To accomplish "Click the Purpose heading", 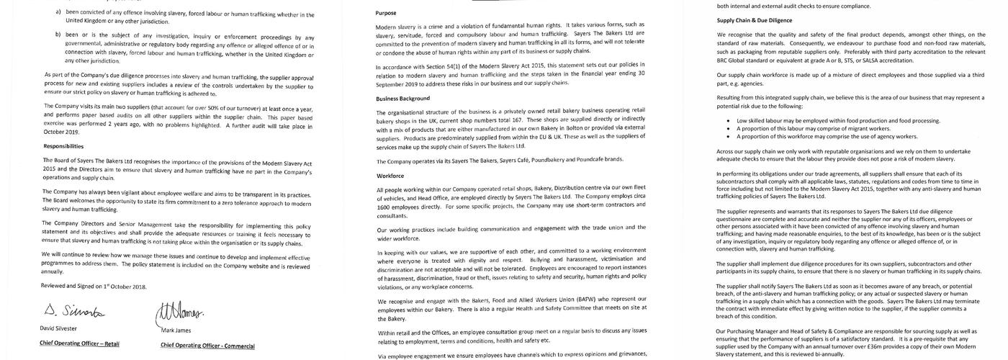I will click(x=386, y=13).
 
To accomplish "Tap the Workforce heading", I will click(x=390, y=176).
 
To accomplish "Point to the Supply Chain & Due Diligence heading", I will click(x=755, y=20).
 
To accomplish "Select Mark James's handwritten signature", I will click(x=177, y=312).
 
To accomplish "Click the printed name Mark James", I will click(x=176, y=330).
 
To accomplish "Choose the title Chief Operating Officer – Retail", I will click(x=79, y=343).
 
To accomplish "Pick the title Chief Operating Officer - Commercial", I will click(x=207, y=345).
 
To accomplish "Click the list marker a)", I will click(x=58, y=13).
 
